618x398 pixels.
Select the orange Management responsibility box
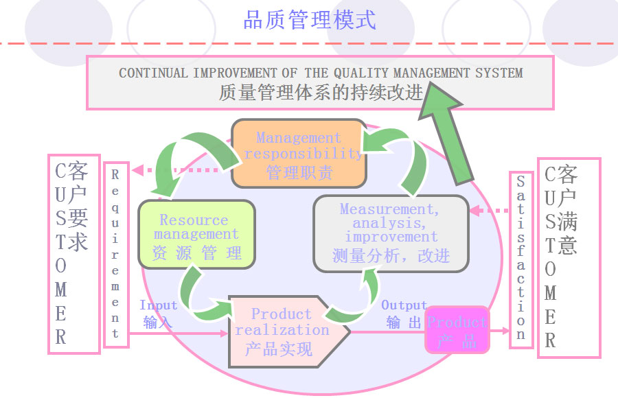298,154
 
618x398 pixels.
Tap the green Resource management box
196,235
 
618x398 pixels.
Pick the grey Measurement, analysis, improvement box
391,233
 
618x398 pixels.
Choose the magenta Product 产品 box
457,330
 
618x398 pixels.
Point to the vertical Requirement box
115,255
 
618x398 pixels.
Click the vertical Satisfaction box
520,259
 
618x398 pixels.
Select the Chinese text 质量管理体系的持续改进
321,93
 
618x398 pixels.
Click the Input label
159,305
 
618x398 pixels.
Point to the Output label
404,305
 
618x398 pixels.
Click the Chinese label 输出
403,323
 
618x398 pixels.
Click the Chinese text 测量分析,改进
391,256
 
